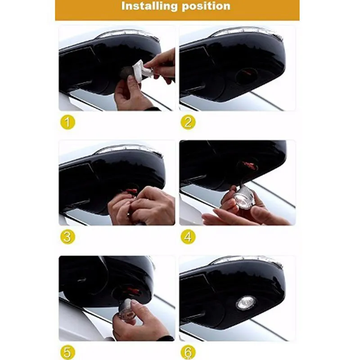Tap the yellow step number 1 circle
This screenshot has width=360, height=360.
coord(68,122)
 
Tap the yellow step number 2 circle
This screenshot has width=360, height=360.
coord(188,122)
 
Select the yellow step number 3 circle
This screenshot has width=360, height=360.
coord(68,237)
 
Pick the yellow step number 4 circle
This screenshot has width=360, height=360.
coord(188,237)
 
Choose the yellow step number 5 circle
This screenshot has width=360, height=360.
coord(68,352)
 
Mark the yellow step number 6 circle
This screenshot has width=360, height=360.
coord(188,352)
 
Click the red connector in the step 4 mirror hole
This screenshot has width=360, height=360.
coord(247,165)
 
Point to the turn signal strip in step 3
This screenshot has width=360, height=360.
coord(129,149)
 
